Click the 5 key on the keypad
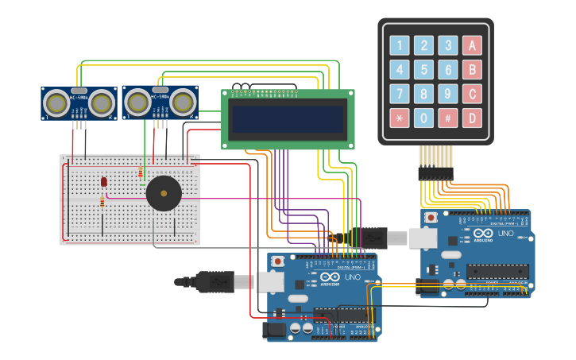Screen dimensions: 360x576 pos(424,70)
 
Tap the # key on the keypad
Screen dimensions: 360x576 pos(448,118)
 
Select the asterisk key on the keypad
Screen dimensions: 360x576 pos(400,118)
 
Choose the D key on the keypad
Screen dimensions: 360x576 pos(473,118)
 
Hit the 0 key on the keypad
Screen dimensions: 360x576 pos(424,118)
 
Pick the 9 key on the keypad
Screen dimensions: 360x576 pos(448,95)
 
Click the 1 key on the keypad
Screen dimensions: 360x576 pos(400,46)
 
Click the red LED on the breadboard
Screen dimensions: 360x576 pos(104,182)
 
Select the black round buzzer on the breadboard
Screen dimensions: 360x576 pos(164,193)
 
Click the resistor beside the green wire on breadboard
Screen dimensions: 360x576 pos(141,172)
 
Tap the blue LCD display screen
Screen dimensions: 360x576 pos(288,119)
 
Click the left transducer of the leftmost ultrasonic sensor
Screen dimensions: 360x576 pos(56,103)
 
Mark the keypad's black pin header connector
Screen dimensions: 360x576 pos(435,172)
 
